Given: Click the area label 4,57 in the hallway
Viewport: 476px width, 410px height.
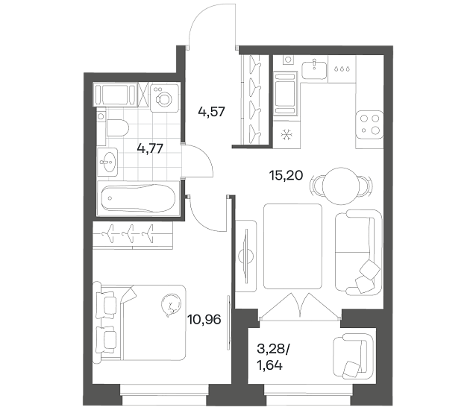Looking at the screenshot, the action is click(211, 112).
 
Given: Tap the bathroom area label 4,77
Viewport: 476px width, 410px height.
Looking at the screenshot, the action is click(150, 149).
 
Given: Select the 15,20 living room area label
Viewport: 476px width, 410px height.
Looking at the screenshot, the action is click(286, 175).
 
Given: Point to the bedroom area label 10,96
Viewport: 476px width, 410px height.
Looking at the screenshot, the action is click(204, 319).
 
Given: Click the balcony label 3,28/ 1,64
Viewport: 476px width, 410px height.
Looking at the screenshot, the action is click(273, 358).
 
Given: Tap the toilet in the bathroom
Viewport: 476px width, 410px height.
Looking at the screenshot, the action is click(117, 127).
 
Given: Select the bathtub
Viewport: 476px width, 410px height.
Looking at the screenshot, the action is click(139, 198).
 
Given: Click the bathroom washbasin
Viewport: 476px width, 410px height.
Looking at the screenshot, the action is click(107, 162).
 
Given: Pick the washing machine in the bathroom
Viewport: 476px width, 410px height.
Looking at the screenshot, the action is click(164, 97).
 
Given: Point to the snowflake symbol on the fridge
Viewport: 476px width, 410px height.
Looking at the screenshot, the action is click(286, 135).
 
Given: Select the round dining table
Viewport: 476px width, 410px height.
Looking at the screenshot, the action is click(342, 186).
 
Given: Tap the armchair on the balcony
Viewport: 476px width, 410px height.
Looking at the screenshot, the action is click(353, 356).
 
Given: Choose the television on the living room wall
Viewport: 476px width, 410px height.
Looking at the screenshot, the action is click(246, 256).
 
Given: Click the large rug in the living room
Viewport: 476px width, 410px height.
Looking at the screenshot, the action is click(293, 247).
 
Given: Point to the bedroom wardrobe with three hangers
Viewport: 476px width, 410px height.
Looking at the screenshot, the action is click(133, 236).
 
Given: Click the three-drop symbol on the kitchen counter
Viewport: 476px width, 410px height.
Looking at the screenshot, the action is click(342, 69).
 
